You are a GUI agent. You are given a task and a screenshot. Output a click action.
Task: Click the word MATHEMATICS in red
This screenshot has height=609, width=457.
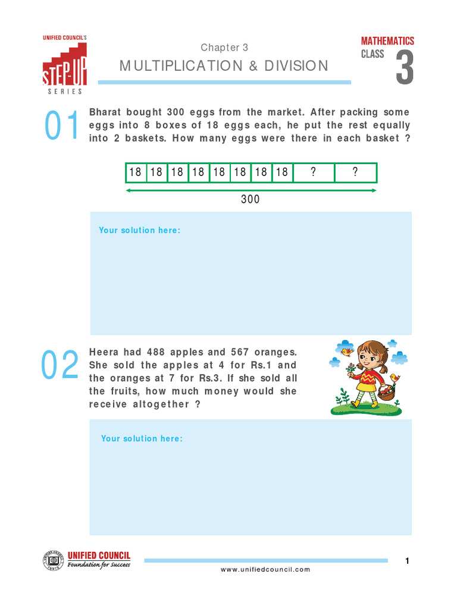387,41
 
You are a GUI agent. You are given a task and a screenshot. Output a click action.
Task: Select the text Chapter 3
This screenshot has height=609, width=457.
224,48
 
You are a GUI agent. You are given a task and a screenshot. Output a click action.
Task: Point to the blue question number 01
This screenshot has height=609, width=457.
62,127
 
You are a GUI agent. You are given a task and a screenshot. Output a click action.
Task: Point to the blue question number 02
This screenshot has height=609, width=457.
60,365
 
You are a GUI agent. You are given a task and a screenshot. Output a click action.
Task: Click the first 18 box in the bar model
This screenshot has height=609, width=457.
136,172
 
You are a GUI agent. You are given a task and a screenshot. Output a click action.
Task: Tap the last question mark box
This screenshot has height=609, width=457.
355,172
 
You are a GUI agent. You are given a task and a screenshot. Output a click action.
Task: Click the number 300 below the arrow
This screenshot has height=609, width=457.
251,199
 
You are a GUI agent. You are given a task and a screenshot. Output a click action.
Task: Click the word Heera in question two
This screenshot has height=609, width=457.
104,352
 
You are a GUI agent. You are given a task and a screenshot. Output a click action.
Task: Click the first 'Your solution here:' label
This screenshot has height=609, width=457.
139,230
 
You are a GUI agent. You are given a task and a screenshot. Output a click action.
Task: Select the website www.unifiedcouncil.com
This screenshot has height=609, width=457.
265,570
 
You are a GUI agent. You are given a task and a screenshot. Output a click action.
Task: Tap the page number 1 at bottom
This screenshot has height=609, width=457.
407,561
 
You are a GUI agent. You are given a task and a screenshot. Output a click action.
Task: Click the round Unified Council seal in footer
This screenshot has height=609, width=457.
54,561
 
